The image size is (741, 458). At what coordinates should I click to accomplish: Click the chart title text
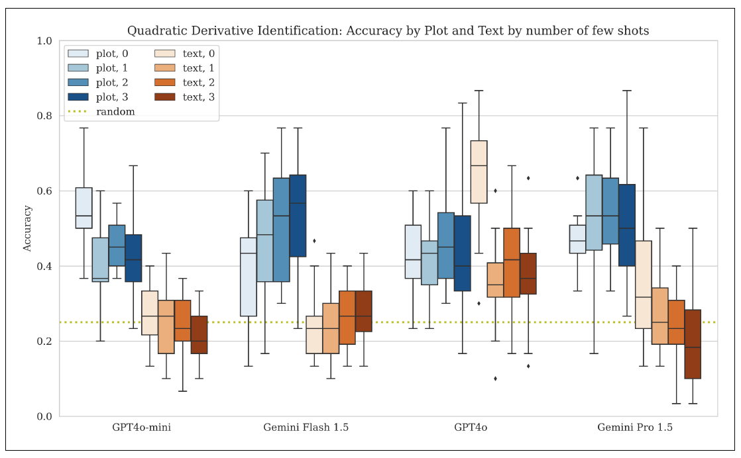pyautogui.click(x=388, y=30)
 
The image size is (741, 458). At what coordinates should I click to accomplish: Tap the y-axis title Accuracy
pyautogui.click(x=28, y=228)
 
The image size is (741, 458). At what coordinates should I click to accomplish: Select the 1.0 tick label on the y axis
pyautogui.click(x=45, y=41)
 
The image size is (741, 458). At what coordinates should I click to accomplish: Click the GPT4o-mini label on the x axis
pyautogui.click(x=141, y=428)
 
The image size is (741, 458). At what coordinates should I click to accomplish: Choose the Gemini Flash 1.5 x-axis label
pyautogui.click(x=306, y=428)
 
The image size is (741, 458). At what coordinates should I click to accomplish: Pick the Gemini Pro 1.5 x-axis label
pyautogui.click(x=634, y=428)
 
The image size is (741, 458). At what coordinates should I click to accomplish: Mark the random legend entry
pyautogui.click(x=115, y=112)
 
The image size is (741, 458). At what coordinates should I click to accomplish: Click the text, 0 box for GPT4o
pyautogui.click(x=479, y=172)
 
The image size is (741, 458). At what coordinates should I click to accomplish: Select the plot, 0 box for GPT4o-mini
pyautogui.click(x=84, y=208)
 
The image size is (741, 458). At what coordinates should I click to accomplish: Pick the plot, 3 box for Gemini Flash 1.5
pyautogui.click(x=298, y=215)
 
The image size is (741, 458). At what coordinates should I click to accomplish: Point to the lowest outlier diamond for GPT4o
pyautogui.click(x=495, y=379)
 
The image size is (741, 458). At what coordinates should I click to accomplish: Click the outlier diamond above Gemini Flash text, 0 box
pyautogui.click(x=314, y=241)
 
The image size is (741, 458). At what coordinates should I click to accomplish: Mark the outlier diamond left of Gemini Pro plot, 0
pyautogui.click(x=577, y=178)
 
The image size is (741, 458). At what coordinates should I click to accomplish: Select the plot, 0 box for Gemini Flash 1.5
pyautogui.click(x=249, y=277)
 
